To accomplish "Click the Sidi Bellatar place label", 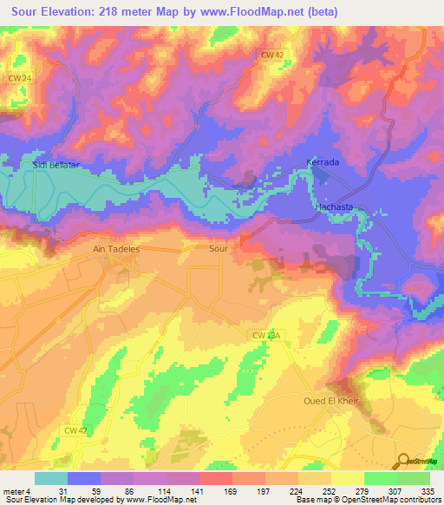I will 57,163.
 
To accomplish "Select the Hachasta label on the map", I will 336,208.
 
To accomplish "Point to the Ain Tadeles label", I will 116,248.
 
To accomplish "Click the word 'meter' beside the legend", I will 12,490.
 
